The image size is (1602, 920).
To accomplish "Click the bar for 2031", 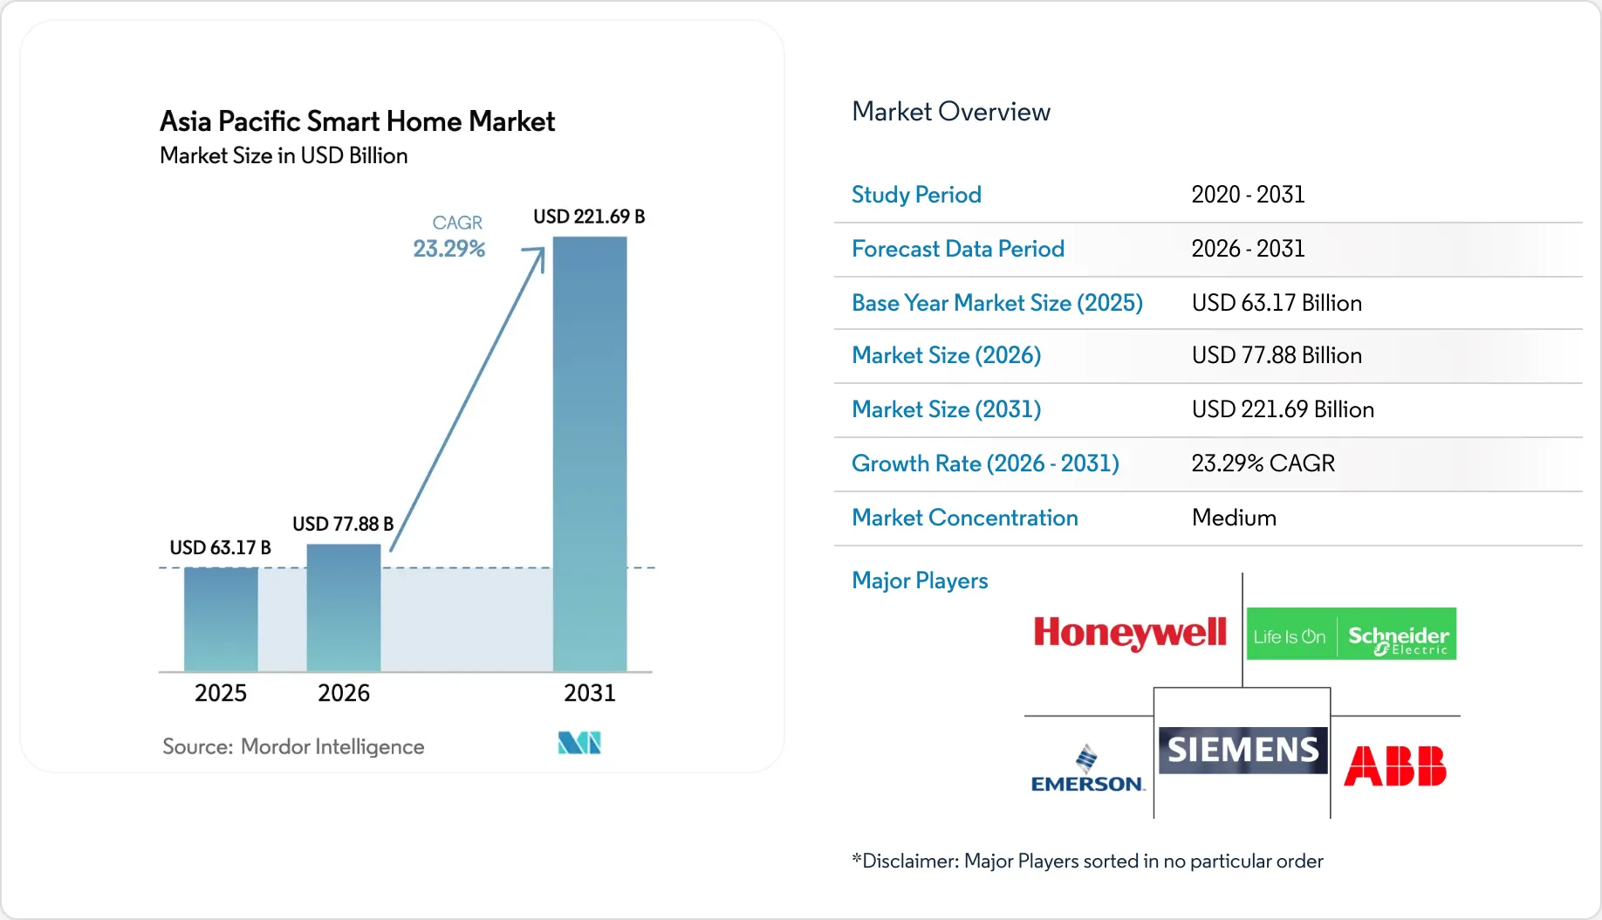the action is [590, 454].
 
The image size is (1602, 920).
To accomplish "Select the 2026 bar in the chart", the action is [344, 608].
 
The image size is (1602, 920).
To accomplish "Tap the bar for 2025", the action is [221, 619].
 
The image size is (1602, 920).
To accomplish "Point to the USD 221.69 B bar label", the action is [589, 216].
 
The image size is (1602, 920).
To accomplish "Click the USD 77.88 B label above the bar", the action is [343, 524].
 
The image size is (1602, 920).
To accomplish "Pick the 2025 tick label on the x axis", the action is [221, 693].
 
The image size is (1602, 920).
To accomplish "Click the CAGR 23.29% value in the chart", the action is [449, 249].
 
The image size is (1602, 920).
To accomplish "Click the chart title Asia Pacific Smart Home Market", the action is [358, 121].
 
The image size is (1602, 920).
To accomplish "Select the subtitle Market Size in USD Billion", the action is [284, 155].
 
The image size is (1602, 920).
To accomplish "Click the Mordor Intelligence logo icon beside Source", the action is [579, 743].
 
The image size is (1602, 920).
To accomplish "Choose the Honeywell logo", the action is [1130, 633].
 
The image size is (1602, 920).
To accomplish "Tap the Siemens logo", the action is [1243, 750].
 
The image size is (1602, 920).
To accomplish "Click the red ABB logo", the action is [1395, 766].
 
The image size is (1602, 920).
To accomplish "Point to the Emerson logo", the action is [1087, 769].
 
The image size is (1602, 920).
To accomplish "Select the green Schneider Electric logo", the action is [1352, 634].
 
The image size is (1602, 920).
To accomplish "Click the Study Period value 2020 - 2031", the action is [1249, 195].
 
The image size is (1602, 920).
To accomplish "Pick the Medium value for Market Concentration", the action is [1234, 518].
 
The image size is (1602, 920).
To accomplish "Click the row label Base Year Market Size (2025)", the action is [997, 303].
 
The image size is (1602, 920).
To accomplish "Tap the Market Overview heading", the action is [951, 112].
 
